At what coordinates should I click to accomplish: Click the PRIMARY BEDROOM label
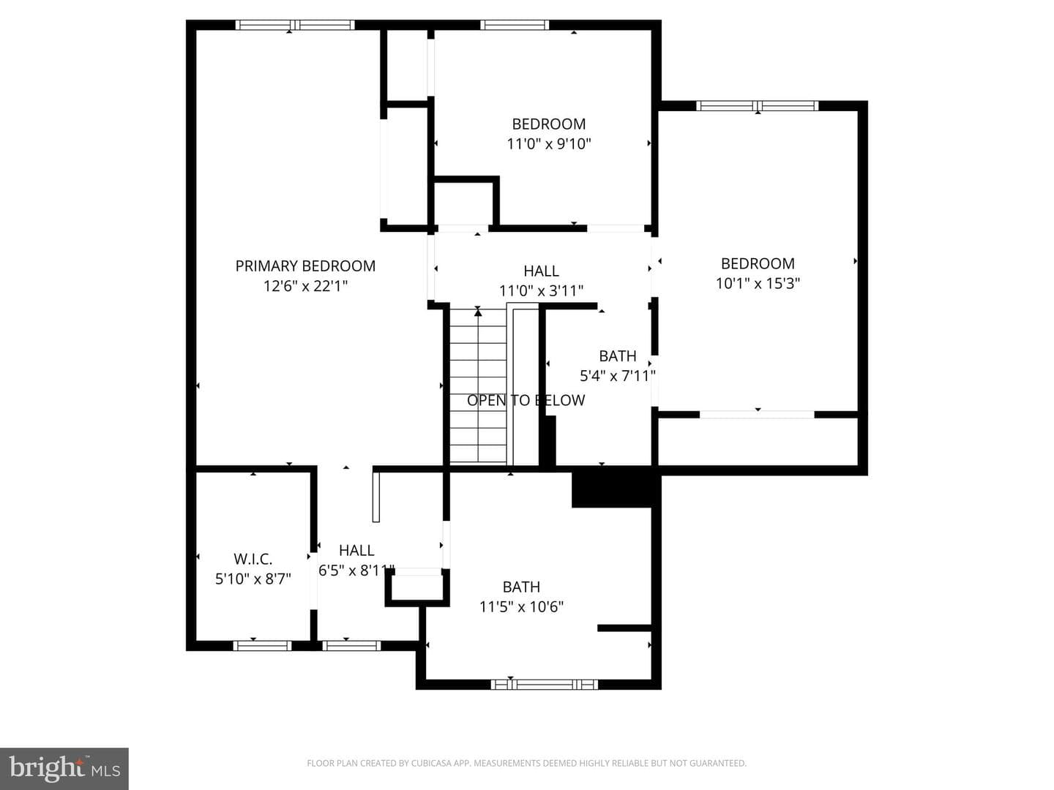tap(305, 266)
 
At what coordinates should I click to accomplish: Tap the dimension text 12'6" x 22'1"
tap(305, 286)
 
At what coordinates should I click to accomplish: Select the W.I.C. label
tap(253, 559)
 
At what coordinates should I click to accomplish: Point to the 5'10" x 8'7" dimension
tap(253, 579)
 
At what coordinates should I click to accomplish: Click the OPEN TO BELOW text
tap(526, 400)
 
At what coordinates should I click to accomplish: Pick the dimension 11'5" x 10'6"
tap(521, 607)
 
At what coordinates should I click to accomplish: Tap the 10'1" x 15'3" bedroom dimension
tap(758, 284)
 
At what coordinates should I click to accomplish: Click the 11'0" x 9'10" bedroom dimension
tap(549, 143)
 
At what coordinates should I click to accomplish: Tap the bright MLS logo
tap(64, 768)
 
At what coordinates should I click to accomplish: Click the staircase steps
tap(478, 386)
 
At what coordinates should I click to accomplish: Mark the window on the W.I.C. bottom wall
tap(262, 646)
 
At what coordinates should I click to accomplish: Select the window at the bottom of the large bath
tap(544, 685)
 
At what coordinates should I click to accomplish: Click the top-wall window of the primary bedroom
tap(295, 25)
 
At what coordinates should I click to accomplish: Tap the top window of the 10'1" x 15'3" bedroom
tap(758, 105)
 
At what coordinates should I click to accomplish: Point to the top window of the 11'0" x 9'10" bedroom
tap(515, 25)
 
